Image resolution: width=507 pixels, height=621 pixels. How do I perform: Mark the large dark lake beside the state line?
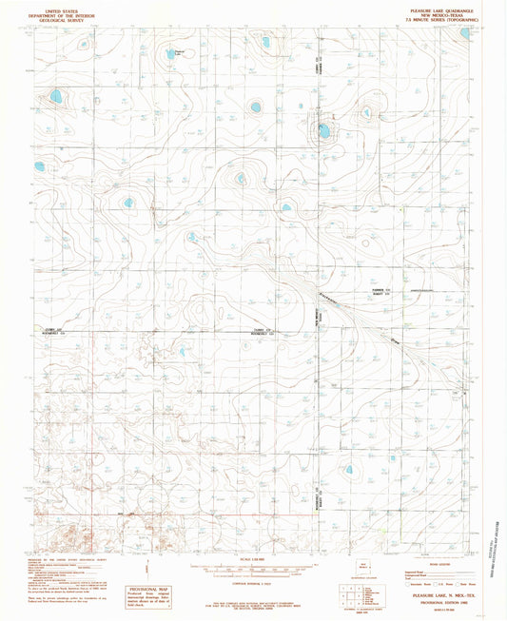[x=324, y=130]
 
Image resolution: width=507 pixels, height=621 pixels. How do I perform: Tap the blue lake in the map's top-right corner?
[x=465, y=32]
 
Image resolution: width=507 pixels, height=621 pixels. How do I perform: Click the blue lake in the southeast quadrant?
[x=348, y=469]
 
